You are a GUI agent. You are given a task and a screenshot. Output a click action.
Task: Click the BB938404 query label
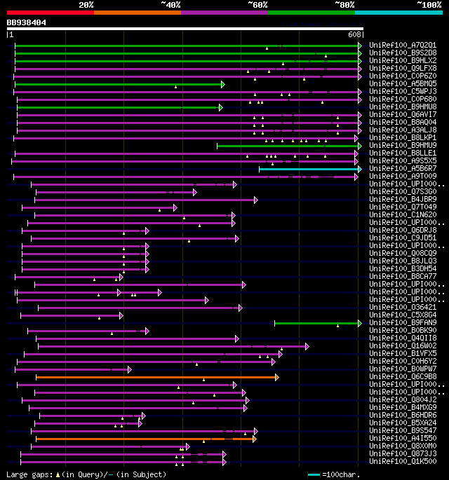pyautogui.click(x=27, y=22)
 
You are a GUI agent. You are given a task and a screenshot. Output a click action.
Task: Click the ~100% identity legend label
pyautogui.click(x=428, y=4)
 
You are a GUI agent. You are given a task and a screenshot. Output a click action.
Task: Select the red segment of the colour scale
pyautogui.click(x=50, y=13)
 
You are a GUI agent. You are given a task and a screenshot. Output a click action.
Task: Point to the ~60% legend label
pyautogui.click(x=257, y=4)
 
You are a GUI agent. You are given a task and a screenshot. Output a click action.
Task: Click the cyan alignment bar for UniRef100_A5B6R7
pyautogui.click(x=309, y=169)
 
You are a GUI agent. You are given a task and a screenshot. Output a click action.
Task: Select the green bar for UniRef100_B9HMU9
pyautogui.click(x=288, y=146)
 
